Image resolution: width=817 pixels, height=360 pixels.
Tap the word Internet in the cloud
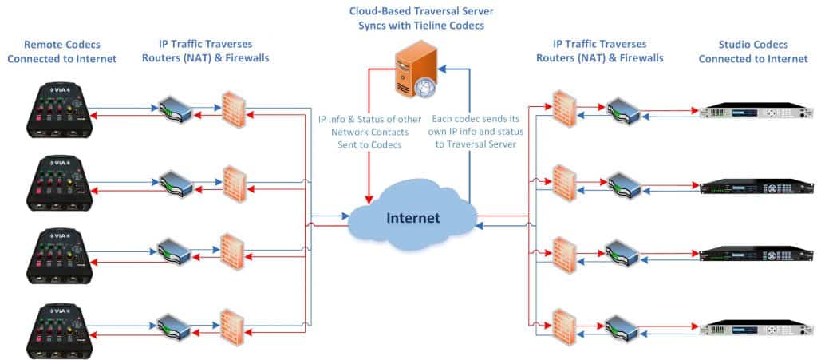412,217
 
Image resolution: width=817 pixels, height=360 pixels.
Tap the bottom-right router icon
622,327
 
